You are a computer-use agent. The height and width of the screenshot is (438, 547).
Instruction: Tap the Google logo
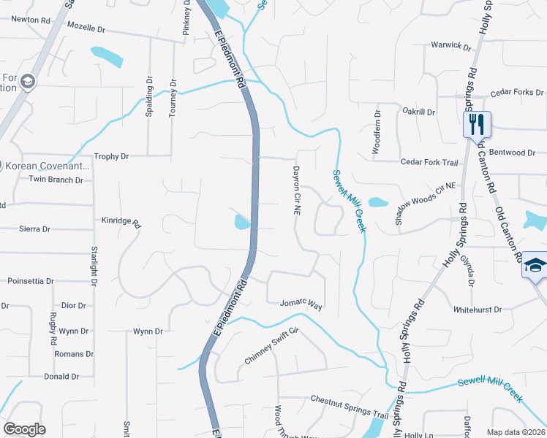point(24,429)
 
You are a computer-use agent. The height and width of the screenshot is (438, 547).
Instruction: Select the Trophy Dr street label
point(111,156)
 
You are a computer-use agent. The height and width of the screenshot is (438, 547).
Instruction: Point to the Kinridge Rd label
point(121,219)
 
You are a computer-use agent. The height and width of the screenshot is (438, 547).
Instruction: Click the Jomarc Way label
point(301,303)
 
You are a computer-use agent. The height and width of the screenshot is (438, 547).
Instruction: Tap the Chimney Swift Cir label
point(272,346)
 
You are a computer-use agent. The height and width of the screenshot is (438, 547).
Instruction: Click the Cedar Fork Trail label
point(429,162)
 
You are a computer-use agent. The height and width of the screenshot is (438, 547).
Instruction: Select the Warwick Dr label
point(450,45)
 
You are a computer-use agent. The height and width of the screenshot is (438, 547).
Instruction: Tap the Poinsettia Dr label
point(30,280)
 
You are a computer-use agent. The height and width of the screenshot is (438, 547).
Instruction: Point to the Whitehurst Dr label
point(478,310)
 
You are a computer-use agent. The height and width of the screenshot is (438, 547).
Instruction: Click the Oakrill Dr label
point(419,112)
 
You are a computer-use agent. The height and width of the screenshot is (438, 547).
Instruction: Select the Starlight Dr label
point(94,263)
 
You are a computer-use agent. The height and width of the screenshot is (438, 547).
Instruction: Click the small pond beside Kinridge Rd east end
point(242,221)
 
